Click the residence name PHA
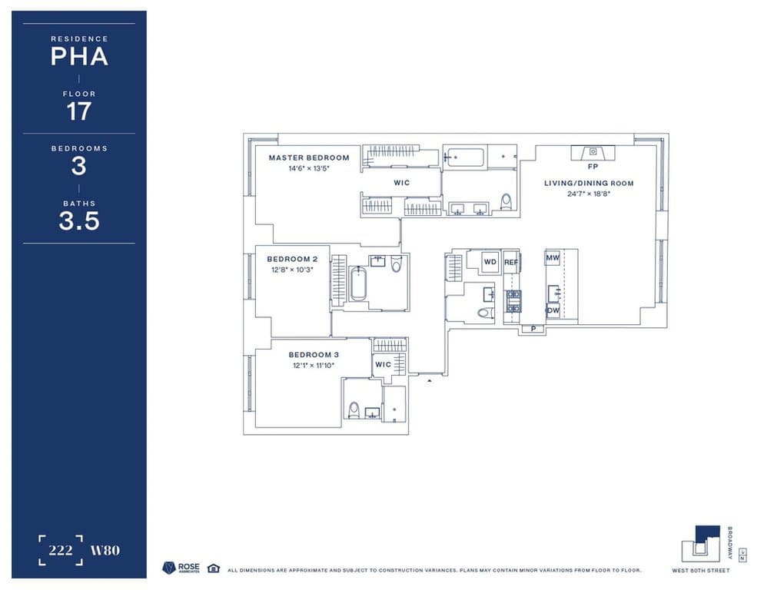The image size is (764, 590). (x=78, y=57)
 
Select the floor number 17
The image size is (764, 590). (x=78, y=111)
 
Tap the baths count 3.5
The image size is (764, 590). (x=78, y=221)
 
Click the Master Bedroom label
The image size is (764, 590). (x=308, y=157)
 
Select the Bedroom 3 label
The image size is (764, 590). (x=314, y=354)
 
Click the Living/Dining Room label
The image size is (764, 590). (x=589, y=183)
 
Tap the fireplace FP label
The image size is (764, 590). (x=593, y=166)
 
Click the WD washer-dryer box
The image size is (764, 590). (x=490, y=262)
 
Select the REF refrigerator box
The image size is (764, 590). (x=511, y=262)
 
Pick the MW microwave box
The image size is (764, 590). (x=553, y=259)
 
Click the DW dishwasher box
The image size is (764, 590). (x=553, y=310)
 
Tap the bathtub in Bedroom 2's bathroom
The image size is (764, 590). (x=358, y=283)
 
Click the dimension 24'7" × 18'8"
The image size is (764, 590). (x=589, y=194)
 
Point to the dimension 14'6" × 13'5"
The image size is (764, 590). (x=308, y=168)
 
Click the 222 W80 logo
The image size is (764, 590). (x=78, y=550)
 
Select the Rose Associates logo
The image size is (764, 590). (x=181, y=568)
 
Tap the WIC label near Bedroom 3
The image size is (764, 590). (x=383, y=364)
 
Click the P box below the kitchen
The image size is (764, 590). (x=533, y=329)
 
